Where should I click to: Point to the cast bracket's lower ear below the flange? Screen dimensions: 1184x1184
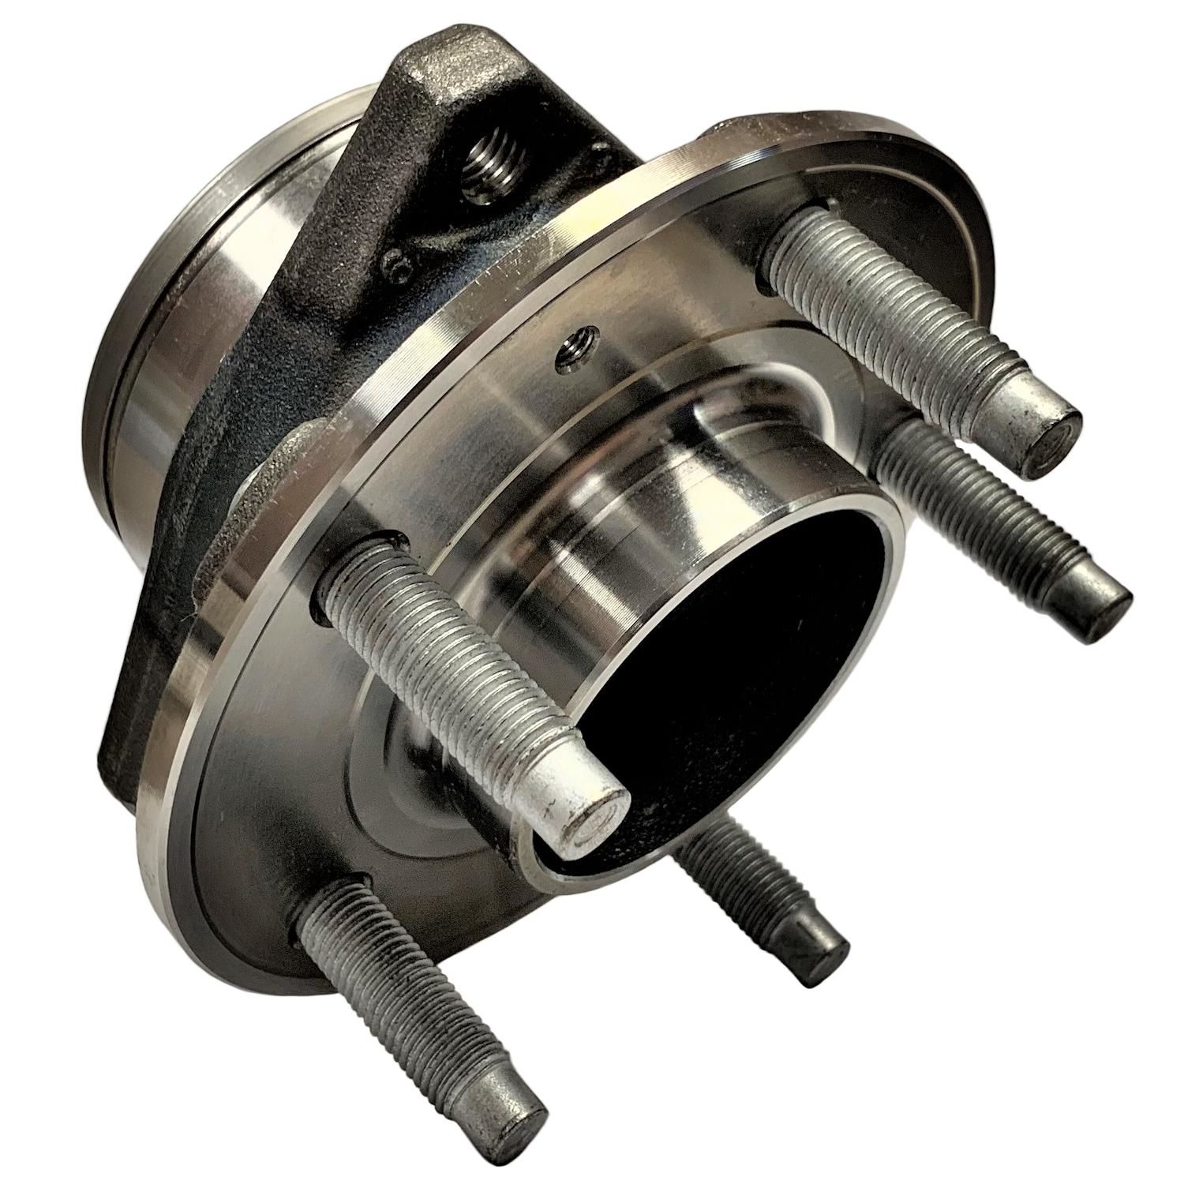pos(126,734)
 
